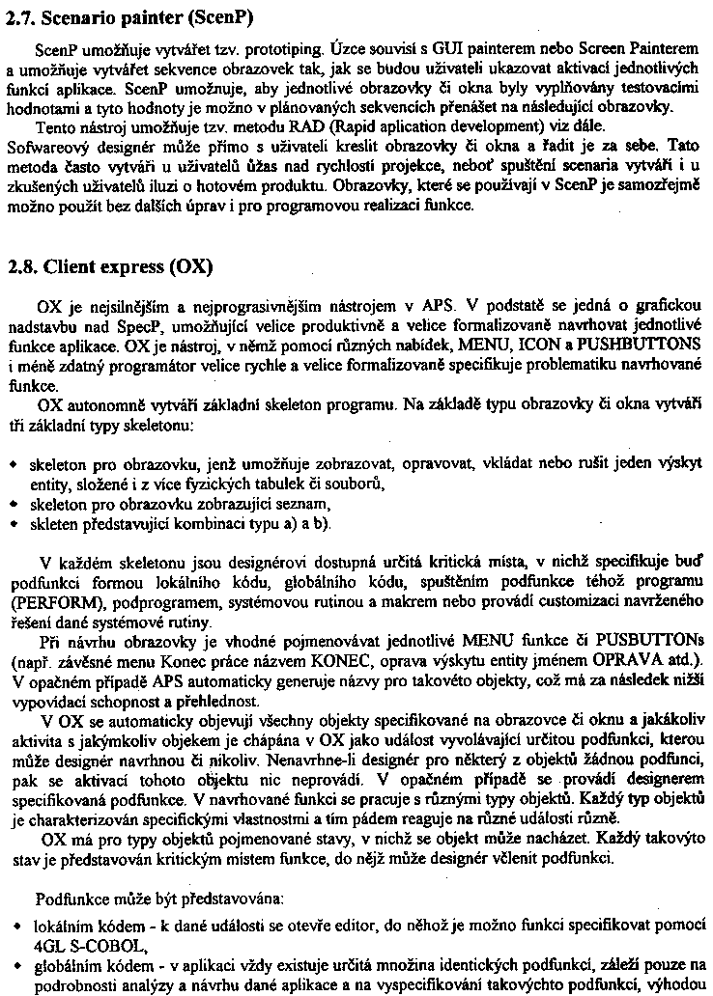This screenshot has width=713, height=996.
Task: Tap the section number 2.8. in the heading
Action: [x=22, y=265]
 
